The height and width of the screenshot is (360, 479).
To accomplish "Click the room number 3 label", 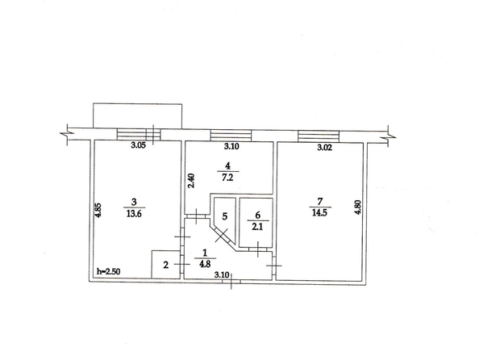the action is coord(134,202).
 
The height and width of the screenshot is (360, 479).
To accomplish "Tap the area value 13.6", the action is coord(134,213).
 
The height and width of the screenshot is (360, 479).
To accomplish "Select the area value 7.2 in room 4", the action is coord(227,178).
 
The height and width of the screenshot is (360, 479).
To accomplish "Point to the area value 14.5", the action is coord(319,212).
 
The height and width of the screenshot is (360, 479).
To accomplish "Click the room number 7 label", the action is coord(320,201).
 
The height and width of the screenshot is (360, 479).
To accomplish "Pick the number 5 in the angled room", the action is coord(224,216).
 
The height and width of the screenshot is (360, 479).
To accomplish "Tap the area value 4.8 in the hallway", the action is coord(205,264).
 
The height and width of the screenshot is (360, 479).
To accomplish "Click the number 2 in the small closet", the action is coord(165,265).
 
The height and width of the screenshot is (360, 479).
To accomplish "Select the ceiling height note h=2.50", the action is coord(108,271).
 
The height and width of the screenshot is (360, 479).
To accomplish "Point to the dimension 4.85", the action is coord(98,211).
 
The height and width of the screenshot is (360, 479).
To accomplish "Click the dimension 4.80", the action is coord(358,207).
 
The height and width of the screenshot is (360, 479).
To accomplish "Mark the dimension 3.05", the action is coord(139,145).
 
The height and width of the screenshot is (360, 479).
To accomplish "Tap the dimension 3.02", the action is coord(324,148).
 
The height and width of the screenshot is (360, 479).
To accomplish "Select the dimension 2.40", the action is coord(192,181).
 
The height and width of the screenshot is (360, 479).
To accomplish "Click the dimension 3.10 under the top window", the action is coord(231,147).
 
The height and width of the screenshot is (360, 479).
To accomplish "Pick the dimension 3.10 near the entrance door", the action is coord(222,274).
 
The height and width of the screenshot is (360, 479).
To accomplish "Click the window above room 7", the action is coord(319,136).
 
